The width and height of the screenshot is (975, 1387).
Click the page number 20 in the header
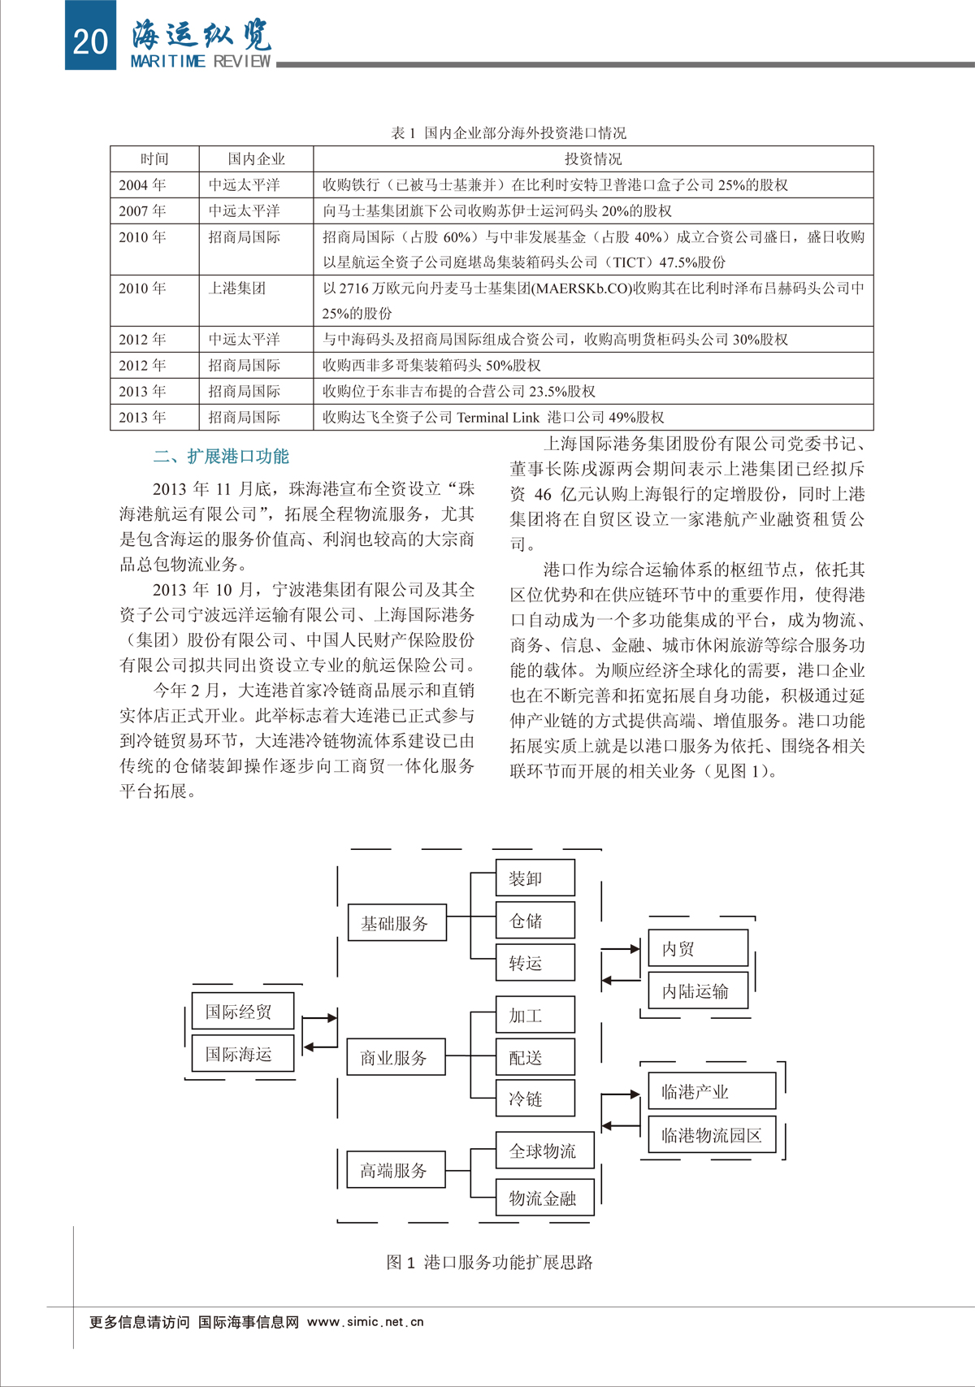(x=90, y=40)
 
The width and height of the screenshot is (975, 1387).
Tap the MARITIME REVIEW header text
(x=200, y=62)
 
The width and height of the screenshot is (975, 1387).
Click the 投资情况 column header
(x=593, y=159)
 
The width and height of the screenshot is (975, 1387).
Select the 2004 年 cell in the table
(x=142, y=185)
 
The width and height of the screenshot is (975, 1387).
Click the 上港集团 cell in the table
(x=237, y=288)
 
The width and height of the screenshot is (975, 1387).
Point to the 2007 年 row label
(x=142, y=211)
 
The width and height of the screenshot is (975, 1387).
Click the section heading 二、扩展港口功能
(x=221, y=457)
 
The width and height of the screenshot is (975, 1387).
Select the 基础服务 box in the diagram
(x=396, y=923)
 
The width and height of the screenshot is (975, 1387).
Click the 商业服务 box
(x=396, y=1058)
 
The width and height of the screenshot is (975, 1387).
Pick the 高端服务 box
(x=396, y=1170)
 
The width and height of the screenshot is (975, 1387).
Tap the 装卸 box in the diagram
(x=535, y=878)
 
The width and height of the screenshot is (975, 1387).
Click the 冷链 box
(x=535, y=1099)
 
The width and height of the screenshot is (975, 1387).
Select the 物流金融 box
(x=544, y=1198)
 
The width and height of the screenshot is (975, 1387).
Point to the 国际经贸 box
(x=242, y=1012)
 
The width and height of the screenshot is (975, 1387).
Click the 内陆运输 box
(x=697, y=991)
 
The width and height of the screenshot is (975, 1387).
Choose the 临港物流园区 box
(x=712, y=1135)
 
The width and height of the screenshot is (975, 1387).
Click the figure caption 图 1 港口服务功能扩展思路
(x=489, y=1262)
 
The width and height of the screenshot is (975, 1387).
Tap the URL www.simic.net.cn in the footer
(x=366, y=1322)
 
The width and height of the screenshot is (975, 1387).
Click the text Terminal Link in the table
(x=498, y=418)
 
